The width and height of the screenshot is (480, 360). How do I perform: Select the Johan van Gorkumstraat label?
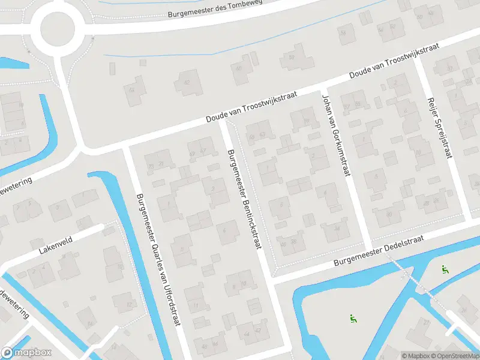click(335, 136)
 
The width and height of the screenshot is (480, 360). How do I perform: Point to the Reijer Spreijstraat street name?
click(439, 128)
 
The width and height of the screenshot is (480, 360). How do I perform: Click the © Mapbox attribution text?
click(415, 356)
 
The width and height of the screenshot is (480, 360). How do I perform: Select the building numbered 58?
click(292, 58)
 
